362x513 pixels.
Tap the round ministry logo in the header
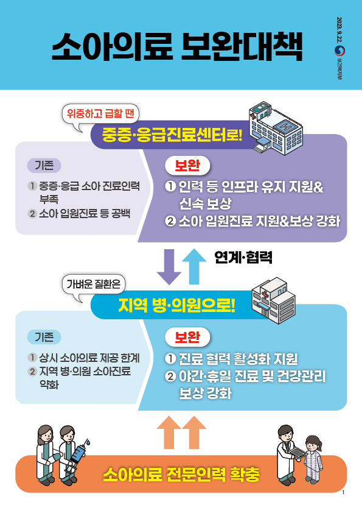click(339, 51)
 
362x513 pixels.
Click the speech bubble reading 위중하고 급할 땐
click(100, 114)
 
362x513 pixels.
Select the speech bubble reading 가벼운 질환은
click(94, 284)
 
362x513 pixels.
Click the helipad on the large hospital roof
click(284, 126)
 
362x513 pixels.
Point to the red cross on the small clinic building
click(264, 294)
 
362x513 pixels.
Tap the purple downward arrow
click(169, 267)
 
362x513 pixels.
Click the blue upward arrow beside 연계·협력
click(194, 266)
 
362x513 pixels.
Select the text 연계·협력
click(243, 258)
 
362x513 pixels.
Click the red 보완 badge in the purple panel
click(187, 166)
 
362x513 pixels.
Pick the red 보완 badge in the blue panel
click(187, 337)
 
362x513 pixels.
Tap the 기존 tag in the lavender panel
click(44, 165)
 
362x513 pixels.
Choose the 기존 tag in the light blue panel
click(44, 337)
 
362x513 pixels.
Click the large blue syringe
click(78, 455)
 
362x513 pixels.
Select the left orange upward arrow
click(169, 432)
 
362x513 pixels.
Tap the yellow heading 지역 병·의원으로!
click(177, 306)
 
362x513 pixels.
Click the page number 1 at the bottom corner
click(343, 493)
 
